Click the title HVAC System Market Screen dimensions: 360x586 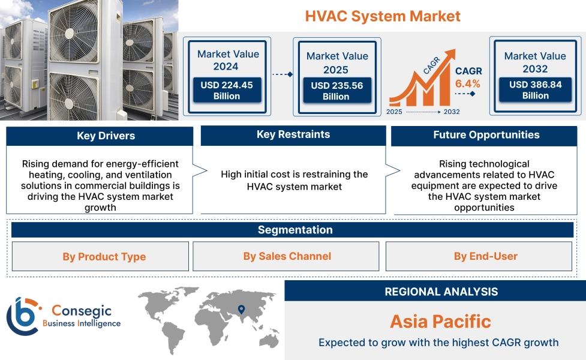[383, 16]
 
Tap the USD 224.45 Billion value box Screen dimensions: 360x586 [227, 91]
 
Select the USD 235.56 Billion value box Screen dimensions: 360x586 [336, 91]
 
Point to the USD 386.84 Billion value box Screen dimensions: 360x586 [535, 90]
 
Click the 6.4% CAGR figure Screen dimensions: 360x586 [468, 83]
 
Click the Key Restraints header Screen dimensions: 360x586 [293, 135]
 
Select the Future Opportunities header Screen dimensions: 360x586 [486, 135]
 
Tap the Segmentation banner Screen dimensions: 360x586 [294, 230]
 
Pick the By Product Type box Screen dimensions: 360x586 [104, 257]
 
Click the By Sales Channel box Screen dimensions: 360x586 [287, 256]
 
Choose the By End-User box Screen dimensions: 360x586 [485, 256]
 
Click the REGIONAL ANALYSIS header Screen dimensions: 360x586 [441, 292]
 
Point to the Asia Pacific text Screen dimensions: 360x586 [440, 321]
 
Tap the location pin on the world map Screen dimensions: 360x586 [241, 310]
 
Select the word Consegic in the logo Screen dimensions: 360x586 [81, 311]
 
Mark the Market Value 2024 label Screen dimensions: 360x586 [228, 59]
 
